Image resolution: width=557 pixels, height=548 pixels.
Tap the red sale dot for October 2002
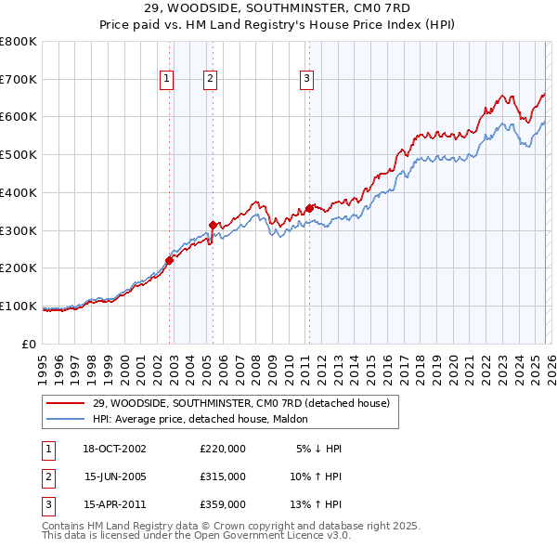tap(170, 260)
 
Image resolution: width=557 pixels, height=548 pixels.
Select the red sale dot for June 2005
tap(213, 224)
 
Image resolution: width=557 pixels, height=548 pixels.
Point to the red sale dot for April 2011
tap(309, 208)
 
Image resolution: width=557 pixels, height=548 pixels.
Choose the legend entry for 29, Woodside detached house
tap(246, 403)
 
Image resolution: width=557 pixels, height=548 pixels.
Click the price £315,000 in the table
tap(223, 476)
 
